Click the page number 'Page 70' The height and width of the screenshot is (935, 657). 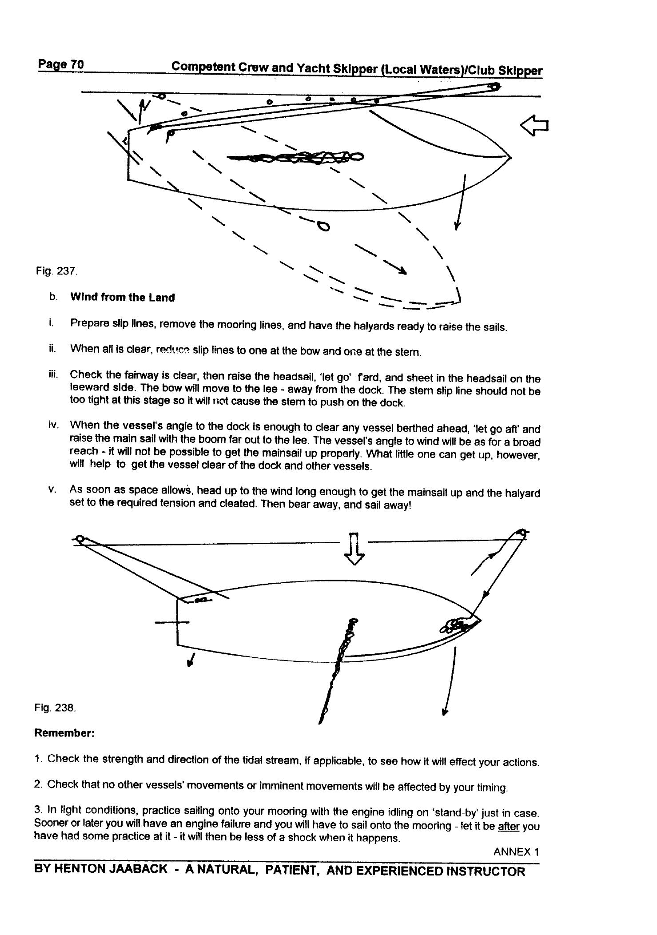coord(60,64)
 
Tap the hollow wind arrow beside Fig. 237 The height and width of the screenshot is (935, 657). coord(534,126)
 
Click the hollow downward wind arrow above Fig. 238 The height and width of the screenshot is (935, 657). coord(355,548)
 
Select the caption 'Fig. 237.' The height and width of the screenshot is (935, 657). coord(57,271)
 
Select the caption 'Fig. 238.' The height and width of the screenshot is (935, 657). coord(55,708)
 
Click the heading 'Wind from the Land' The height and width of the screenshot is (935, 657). coord(122,298)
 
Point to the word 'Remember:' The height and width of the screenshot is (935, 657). coord(64,733)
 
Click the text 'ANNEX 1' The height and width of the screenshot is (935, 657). coord(516,852)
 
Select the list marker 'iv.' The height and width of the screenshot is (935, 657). coord(53,425)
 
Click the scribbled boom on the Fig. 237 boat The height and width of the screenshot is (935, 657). coord(295,157)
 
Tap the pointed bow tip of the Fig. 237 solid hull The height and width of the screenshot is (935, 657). coord(510,157)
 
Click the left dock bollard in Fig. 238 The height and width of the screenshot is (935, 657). coord(80,539)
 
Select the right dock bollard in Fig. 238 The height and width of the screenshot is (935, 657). coord(522,533)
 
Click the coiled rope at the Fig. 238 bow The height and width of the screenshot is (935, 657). coord(455,626)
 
